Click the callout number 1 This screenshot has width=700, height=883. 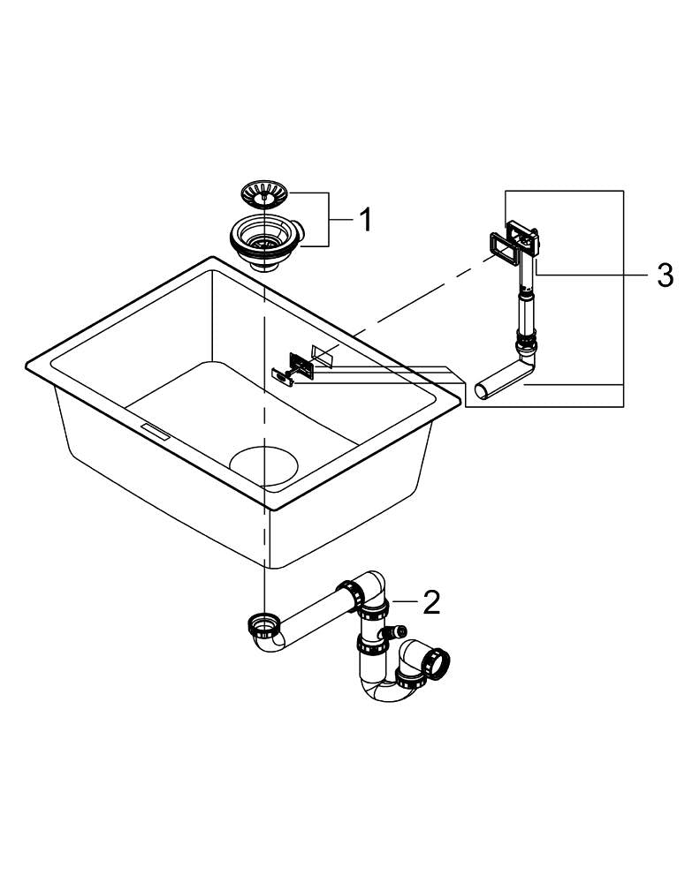(x=364, y=219)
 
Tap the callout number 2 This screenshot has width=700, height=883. (x=430, y=602)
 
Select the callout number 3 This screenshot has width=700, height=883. (x=665, y=275)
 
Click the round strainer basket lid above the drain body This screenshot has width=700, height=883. (x=264, y=192)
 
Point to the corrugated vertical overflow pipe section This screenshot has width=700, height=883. (x=525, y=309)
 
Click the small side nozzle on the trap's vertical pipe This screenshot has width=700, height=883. (x=398, y=632)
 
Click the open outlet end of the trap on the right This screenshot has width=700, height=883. (x=438, y=660)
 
